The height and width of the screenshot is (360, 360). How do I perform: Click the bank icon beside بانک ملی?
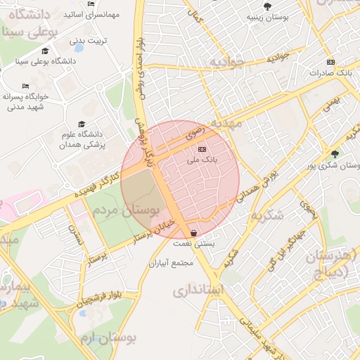tap(202, 149)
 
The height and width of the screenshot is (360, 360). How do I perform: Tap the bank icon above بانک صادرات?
tap(331, 62)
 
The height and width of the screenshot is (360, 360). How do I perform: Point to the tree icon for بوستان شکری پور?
tap(334, 154)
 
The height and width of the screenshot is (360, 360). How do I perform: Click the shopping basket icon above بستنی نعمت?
tap(193, 233)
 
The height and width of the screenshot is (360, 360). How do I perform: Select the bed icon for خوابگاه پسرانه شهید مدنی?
tap(26, 86)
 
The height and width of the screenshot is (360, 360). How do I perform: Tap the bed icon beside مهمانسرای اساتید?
tap(91, 4)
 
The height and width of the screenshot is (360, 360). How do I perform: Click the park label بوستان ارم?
tap(107, 339)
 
